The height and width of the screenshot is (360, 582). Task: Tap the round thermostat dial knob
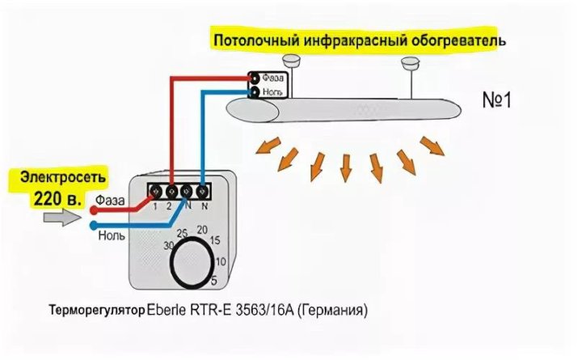[193, 263]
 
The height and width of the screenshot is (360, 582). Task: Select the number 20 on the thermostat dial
[203, 230]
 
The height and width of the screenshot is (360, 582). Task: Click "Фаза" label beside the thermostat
[108, 199]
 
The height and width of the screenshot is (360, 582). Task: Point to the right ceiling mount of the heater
[409, 61]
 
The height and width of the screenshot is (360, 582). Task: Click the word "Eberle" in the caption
[168, 309]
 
